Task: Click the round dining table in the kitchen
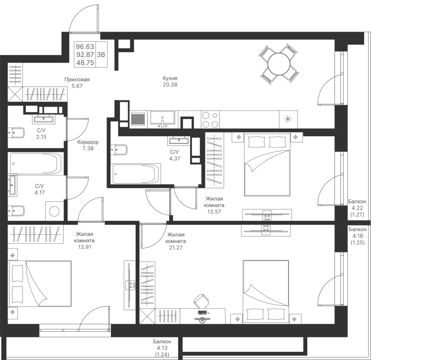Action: tap(279, 64)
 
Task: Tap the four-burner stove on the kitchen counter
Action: tap(210, 120)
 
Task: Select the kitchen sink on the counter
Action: tap(162, 120)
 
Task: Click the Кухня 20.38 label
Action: tap(170, 81)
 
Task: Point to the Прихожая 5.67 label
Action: tap(77, 83)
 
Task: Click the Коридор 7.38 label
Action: tap(88, 145)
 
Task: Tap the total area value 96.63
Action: tap(85, 46)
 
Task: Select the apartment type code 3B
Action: tap(101, 55)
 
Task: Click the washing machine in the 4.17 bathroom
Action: tap(54, 211)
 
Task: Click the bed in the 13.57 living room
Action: tap(267, 164)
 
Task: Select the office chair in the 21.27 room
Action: tap(201, 301)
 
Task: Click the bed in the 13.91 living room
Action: tap(40, 284)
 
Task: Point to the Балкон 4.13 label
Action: tap(162, 348)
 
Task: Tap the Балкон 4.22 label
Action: tap(357, 208)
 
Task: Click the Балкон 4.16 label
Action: tap(357, 236)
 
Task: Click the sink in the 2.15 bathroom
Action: tap(44, 119)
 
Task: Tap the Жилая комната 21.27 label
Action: tap(176, 241)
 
